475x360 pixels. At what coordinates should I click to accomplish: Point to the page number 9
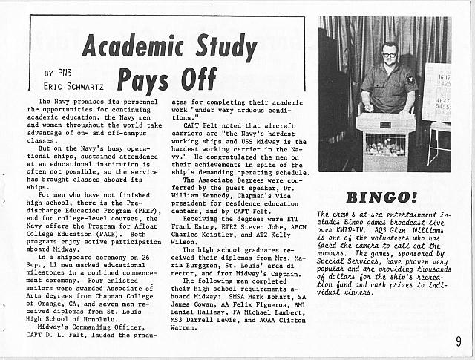click(x=459, y=342)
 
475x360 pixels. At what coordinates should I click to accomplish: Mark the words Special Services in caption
click(x=354, y=262)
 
